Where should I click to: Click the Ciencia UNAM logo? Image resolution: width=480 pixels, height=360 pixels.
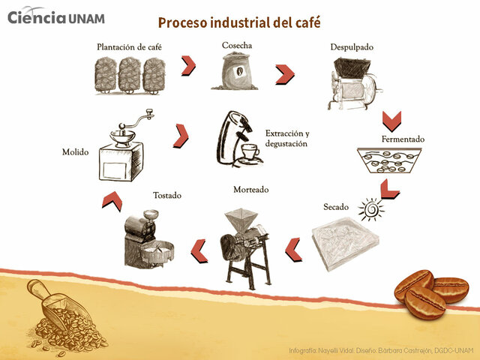click(56, 16)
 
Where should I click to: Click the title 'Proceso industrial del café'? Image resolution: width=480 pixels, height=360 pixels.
click(239, 22)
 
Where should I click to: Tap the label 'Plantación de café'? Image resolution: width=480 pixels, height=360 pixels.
click(129, 47)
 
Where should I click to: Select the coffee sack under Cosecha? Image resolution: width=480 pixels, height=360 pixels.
click(236, 73)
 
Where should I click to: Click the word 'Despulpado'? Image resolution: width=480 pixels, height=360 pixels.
click(352, 47)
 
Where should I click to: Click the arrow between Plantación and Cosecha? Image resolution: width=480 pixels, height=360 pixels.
click(188, 65)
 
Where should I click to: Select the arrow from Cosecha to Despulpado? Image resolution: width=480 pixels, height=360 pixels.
click(284, 74)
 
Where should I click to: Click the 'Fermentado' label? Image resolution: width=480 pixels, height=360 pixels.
click(403, 139)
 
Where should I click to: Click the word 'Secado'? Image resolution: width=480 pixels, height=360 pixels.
click(336, 206)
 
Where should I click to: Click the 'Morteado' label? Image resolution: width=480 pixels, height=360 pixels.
click(250, 189)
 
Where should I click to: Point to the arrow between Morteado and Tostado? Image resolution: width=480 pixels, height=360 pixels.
click(199, 250)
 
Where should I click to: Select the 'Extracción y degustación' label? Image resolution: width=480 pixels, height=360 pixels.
click(286, 138)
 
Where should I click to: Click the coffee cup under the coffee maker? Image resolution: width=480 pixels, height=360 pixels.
click(249, 153)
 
